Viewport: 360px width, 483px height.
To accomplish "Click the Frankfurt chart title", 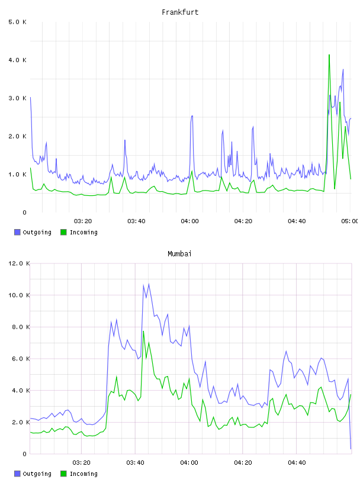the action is [x=180, y=12].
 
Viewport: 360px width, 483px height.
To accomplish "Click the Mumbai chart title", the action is [x=179, y=254].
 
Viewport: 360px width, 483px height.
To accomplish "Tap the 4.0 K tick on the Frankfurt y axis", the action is [x=18, y=60].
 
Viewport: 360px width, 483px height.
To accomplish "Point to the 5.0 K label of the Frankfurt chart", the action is [x=18, y=22].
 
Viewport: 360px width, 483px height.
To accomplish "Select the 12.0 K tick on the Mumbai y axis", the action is [x=19, y=263].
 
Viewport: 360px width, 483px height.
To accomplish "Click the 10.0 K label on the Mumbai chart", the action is [x=19, y=295].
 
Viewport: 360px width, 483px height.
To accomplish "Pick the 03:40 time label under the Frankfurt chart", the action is [x=136, y=221].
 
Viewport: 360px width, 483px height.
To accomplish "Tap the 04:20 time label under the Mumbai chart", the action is [x=243, y=463].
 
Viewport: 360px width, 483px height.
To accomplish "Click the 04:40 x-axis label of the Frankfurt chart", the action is [x=297, y=221].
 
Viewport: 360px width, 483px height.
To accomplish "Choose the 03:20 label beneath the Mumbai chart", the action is [x=81, y=463].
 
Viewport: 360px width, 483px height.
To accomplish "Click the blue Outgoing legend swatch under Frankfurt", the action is [x=17, y=232].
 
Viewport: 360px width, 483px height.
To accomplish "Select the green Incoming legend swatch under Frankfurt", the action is [x=63, y=232].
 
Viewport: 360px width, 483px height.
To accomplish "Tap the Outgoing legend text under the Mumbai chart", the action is [x=37, y=474].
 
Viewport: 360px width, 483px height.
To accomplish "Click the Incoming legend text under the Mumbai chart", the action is [x=83, y=474].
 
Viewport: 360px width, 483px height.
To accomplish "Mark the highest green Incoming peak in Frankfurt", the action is [x=329, y=55].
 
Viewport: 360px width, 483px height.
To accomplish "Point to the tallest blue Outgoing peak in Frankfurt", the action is [x=343, y=70].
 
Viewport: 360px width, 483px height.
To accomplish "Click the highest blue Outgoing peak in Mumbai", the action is [x=149, y=284].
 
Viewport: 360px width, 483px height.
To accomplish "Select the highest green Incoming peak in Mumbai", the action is [x=143, y=331].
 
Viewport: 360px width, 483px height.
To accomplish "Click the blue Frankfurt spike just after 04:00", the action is [x=192, y=117].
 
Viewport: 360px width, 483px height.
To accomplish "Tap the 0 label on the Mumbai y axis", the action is [x=25, y=454].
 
